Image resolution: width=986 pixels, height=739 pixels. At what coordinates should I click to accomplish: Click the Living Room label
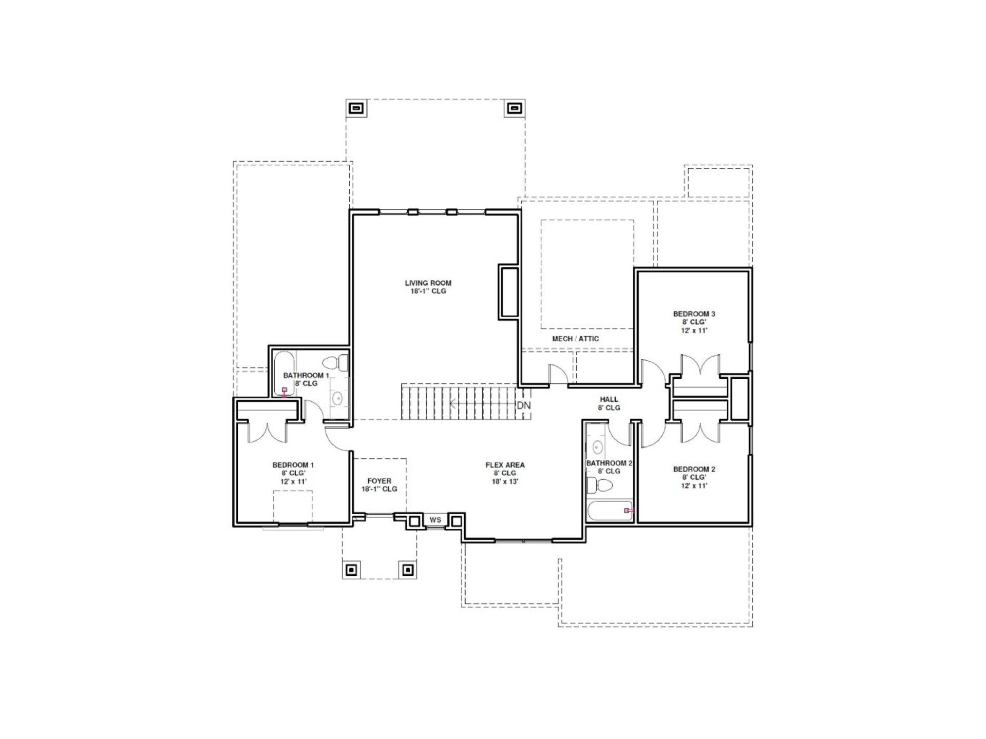point(428,283)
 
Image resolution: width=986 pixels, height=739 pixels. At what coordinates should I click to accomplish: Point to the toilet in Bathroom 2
point(599,484)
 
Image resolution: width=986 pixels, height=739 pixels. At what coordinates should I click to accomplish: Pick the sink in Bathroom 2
point(597,447)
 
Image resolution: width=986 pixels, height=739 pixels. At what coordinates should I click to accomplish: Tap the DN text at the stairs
point(524,405)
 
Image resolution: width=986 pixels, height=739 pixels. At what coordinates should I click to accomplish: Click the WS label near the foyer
point(435,520)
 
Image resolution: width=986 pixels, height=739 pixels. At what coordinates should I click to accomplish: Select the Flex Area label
point(505,465)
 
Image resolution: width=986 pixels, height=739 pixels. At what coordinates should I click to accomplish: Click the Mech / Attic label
point(575,339)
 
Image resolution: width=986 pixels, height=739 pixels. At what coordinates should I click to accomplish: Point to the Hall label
point(609,399)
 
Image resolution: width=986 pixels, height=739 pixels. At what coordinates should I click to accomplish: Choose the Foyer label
point(380,481)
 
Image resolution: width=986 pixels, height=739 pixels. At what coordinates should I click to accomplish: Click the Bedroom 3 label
point(694,314)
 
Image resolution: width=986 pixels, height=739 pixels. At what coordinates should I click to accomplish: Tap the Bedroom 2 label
point(694,469)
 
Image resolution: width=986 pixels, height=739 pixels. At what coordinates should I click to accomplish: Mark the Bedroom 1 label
point(293,465)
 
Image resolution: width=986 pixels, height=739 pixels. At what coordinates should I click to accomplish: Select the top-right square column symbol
point(514,108)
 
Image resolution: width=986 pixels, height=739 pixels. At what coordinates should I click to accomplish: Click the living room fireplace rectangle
point(508,291)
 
